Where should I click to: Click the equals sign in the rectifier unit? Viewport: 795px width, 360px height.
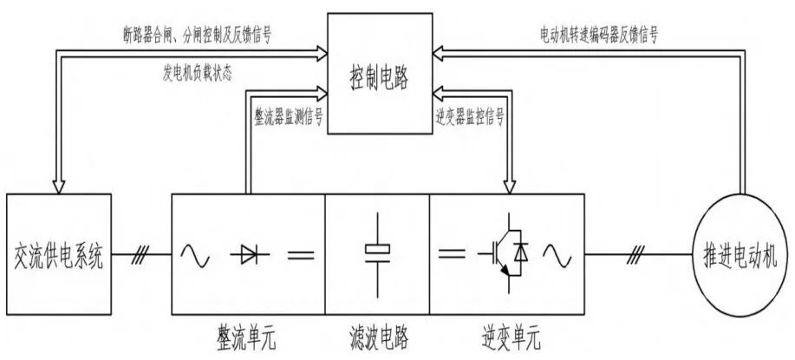300,255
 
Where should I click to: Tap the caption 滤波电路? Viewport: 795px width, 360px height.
377,334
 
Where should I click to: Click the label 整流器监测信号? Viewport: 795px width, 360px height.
288,115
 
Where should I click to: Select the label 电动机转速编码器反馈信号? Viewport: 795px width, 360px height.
598,35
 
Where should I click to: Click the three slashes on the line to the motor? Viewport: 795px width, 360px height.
638,255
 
